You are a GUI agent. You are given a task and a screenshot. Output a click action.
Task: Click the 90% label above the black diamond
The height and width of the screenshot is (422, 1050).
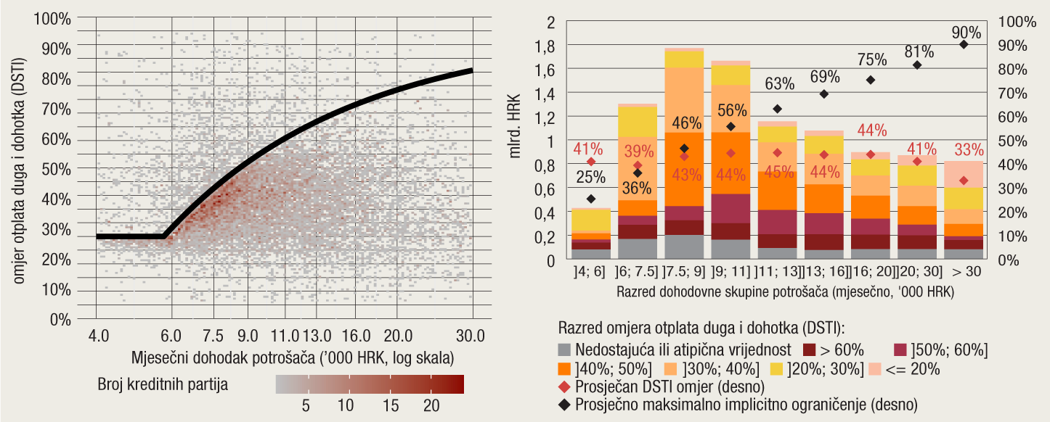tap(966, 33)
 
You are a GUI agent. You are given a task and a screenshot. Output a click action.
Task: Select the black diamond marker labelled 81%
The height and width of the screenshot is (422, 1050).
tap(917, 65)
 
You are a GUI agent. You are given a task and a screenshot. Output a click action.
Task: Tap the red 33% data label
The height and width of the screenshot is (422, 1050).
tap(969, 150)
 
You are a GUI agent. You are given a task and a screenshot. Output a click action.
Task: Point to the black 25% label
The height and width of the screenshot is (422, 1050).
tap(591, 175)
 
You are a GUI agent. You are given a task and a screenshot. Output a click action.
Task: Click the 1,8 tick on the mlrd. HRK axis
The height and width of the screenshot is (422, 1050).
tap(545, 46)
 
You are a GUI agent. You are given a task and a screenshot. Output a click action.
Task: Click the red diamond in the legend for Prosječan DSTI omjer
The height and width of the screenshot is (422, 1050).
tap(564, 385)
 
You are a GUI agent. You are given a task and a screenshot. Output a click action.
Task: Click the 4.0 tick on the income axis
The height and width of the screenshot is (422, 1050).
tap(98, 336)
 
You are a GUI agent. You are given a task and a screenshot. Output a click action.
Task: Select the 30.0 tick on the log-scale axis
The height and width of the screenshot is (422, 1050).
tap(471, 336)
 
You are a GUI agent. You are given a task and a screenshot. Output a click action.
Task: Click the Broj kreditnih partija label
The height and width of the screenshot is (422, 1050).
tap(163, 384)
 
